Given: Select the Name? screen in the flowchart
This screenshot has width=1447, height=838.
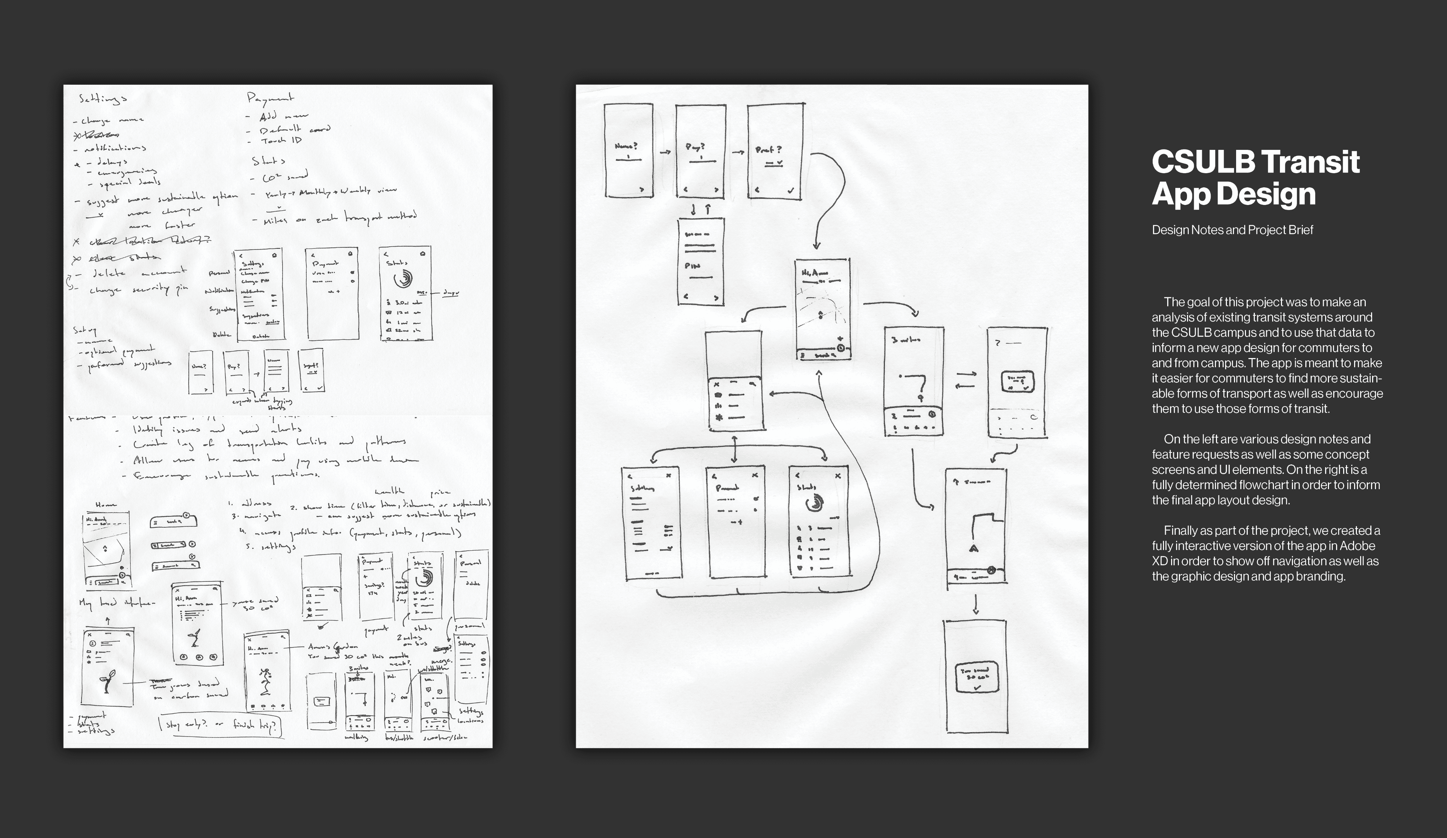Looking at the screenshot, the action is [x=628, y=151].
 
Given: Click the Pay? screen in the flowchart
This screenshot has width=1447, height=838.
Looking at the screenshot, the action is [x=700, y=151].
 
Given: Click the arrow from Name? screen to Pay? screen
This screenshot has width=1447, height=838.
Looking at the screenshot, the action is [x=666, y=152].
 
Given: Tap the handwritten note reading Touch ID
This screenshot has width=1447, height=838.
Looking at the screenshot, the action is [x=281, y=141].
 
